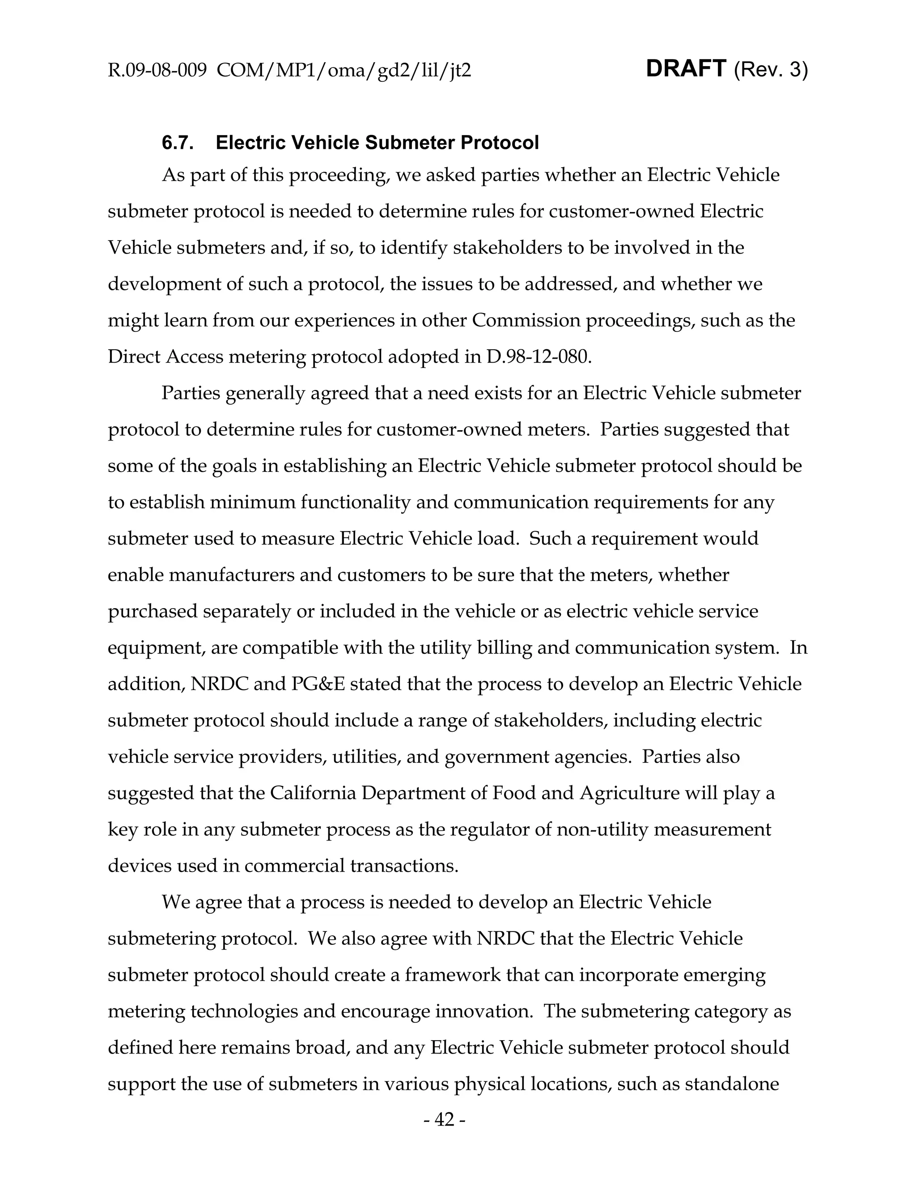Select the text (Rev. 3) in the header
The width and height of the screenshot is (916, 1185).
click(771, 70)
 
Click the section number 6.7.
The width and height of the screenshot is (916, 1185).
click(178, 143)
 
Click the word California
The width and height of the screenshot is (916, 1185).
click(313, 793)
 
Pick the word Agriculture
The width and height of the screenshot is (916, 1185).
click(629, 793)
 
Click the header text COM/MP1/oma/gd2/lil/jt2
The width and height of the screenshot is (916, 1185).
click(343, 71)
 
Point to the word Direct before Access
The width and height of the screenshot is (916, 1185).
click(135, 356)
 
